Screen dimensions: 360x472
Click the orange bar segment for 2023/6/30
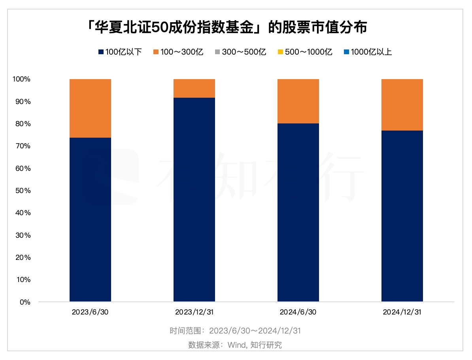coord(90,108)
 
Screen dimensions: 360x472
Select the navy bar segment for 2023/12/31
coord(194,200)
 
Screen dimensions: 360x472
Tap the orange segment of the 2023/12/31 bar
coord(194,88)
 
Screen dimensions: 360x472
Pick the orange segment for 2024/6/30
coord(298,101)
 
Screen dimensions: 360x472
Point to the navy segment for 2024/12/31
coord(402,216)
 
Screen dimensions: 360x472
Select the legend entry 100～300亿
coord(178,52)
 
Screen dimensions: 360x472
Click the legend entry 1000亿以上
coord(367,52)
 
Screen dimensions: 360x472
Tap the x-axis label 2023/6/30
coord(90,312)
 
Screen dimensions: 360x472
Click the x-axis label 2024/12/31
coord(402,312)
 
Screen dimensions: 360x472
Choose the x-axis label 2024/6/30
coord(298,312)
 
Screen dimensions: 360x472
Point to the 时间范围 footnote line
coord(235,331)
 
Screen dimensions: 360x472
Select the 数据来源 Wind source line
coord(235,345)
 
